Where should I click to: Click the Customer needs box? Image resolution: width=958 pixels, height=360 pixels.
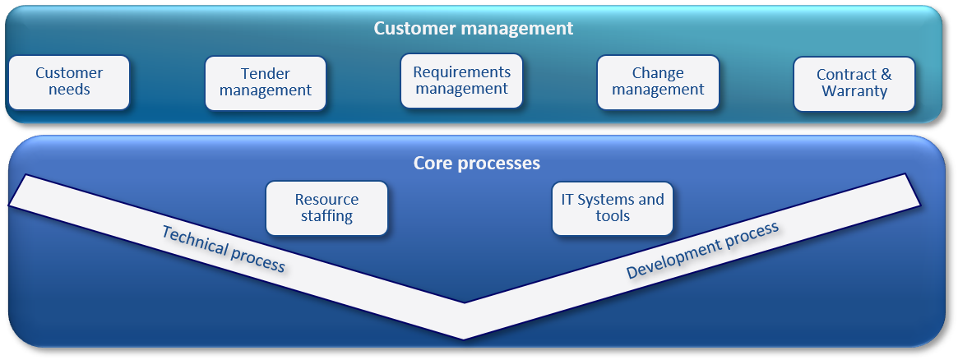pos(69,82)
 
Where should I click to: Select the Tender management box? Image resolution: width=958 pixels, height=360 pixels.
pos(265,83)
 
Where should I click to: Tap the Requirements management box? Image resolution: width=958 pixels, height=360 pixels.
pos(461,81)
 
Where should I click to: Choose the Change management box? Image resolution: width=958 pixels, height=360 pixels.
pos(658,82)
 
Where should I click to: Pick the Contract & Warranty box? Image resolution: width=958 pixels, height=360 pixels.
pos(854,84)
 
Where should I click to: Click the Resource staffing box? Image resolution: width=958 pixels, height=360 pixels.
pos(326,208)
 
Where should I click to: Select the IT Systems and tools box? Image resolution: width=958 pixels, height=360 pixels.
pos(612,208)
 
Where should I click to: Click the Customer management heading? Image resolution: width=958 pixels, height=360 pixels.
pos(474,29)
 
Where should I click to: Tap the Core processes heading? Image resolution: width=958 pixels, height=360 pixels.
pos(477,164)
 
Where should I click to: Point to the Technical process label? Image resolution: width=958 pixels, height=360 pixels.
pos(224,248)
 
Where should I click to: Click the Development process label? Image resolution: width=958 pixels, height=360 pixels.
pos(702,250)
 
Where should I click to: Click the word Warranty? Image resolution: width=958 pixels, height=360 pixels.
pos(854,91)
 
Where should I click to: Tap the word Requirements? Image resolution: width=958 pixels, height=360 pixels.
pos(462,72)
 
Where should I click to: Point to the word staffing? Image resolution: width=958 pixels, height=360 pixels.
pos(326,216)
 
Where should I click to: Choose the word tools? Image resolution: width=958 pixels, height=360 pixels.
pos(612,215)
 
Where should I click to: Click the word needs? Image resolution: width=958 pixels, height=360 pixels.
pos(69,90)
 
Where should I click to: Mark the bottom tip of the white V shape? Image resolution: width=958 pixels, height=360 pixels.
pos(464,339)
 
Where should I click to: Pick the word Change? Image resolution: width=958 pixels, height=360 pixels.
pos(658,73)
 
